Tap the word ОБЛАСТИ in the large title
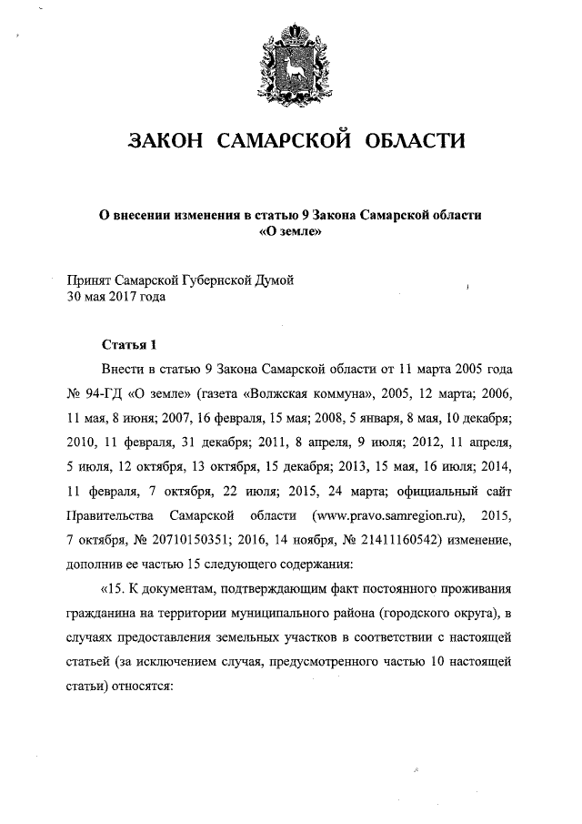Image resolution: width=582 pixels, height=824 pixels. coord(415,141)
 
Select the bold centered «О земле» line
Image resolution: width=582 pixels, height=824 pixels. coord(291,230)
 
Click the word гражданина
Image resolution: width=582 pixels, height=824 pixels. coord(100,609)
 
